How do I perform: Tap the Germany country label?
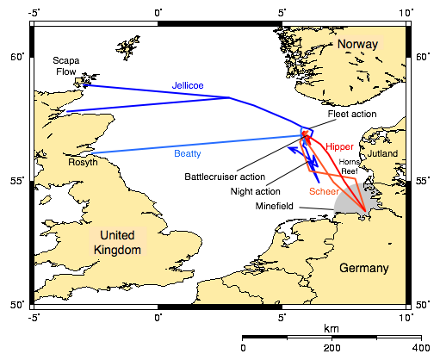tap(363, 268)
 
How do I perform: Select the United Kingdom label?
tap(119, 242)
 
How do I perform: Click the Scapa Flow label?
tap(66, 66)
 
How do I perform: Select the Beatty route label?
tap(188, 154)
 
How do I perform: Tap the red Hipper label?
tap(339, 146)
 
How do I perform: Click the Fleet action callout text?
tap(353, 114)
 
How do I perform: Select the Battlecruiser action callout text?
tap(225, 177)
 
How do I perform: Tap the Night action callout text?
tap(256, 191)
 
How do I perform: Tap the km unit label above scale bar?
tap(331, 329)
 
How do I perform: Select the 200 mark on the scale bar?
tap(332, 347)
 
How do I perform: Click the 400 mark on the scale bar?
tap(420, 347)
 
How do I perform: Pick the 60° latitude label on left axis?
tap(15, 57)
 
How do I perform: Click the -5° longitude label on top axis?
tap(34, 13)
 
